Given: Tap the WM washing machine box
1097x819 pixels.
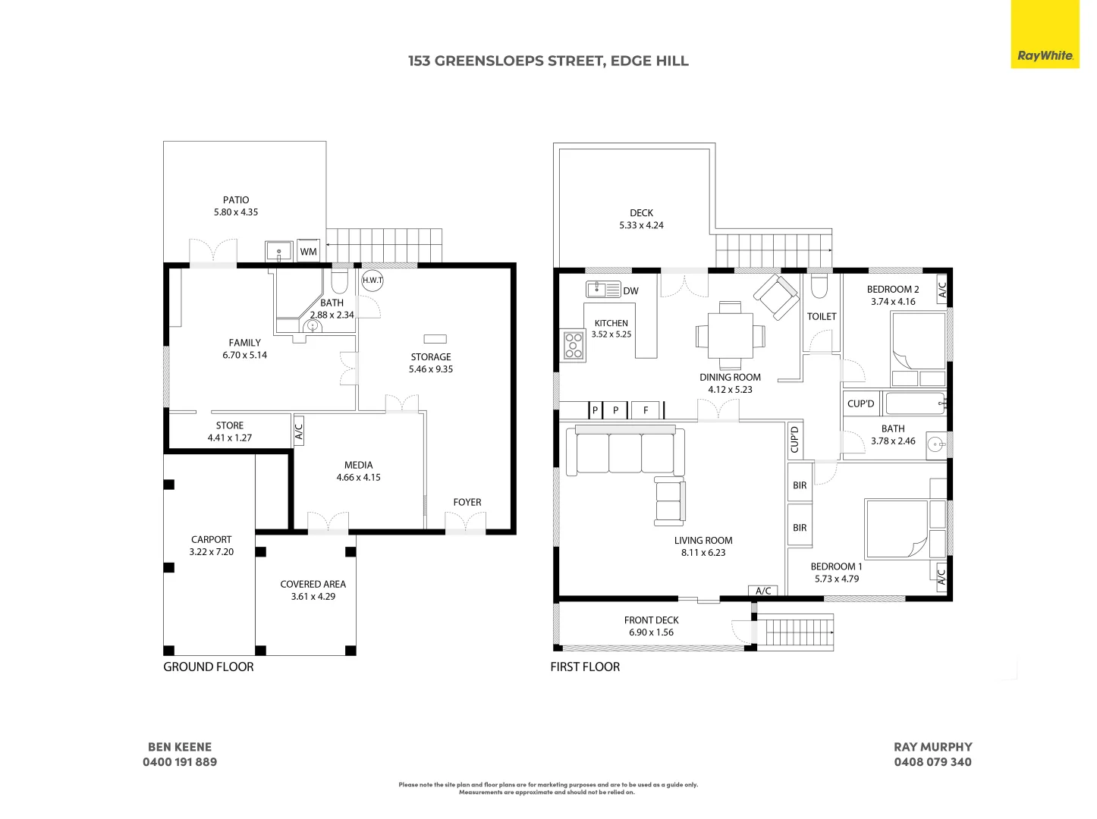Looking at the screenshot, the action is (x=308, y=251).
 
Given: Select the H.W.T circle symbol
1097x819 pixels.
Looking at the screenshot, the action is (x=372, y=280).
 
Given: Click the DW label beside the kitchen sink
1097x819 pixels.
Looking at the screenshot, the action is (x=630, y=290).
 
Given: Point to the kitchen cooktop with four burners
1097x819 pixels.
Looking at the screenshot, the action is (x=574, y=345).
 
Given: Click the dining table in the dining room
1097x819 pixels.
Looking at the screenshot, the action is (x=730, y=336).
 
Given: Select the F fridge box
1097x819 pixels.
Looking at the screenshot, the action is (x=646, y=410).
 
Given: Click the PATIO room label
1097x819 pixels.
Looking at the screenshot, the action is (x=236, y=199).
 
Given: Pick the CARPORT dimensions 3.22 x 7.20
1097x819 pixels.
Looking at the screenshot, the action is (x=212, y=552).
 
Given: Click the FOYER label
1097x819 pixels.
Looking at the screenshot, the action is (x=467, y=502).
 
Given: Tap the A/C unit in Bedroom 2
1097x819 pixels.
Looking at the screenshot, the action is (x=941, y=290).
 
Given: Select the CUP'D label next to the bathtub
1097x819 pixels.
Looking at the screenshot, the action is (x=860, y=403).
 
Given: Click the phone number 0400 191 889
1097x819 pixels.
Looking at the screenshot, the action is (x=180, y=762).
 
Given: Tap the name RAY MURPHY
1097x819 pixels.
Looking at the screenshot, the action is (x=933, y=747).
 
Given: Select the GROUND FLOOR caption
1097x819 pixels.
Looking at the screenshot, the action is (x=209, y=667).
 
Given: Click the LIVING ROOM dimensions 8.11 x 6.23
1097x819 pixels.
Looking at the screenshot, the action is (x=703, y=553).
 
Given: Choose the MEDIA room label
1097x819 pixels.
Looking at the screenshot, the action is (x=358, y=465).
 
